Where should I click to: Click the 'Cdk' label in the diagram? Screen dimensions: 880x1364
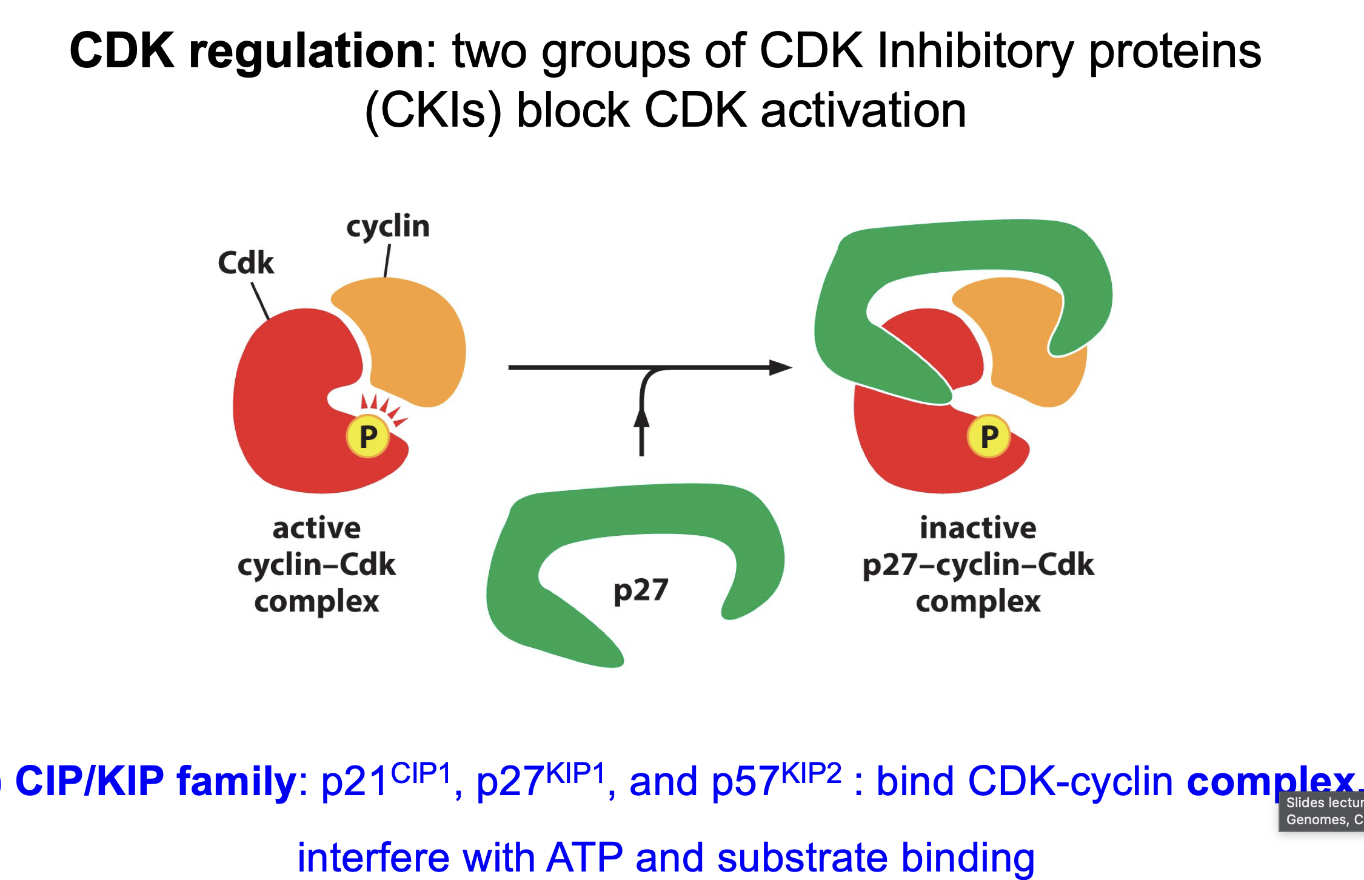coord(246,263)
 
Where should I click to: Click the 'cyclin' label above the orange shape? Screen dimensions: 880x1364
coord(388,227)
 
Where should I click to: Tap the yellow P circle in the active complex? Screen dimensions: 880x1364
coord(367,436)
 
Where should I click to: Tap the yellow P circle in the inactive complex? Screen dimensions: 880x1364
coord(989,436)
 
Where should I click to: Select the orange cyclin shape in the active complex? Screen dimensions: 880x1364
coord(412,339)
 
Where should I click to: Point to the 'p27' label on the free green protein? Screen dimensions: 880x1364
coord(641,590)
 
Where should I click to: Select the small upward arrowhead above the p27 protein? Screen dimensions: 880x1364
coord(641,418)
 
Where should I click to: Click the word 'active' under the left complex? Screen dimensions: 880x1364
coord(316,528)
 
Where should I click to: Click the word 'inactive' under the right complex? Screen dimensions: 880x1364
coord(978,528)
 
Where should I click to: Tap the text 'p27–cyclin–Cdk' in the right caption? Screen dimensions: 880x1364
coord(978,565)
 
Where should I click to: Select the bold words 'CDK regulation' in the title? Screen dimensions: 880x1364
coord(247,51)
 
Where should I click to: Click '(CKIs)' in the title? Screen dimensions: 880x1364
coord(433,112)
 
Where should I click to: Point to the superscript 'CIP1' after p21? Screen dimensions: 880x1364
coord(421,774)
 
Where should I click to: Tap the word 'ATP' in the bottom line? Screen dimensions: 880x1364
coord(584,857)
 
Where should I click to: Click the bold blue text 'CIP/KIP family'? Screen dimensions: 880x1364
coord(155,782)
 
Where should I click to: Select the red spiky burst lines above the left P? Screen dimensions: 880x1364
coord(383,407)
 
